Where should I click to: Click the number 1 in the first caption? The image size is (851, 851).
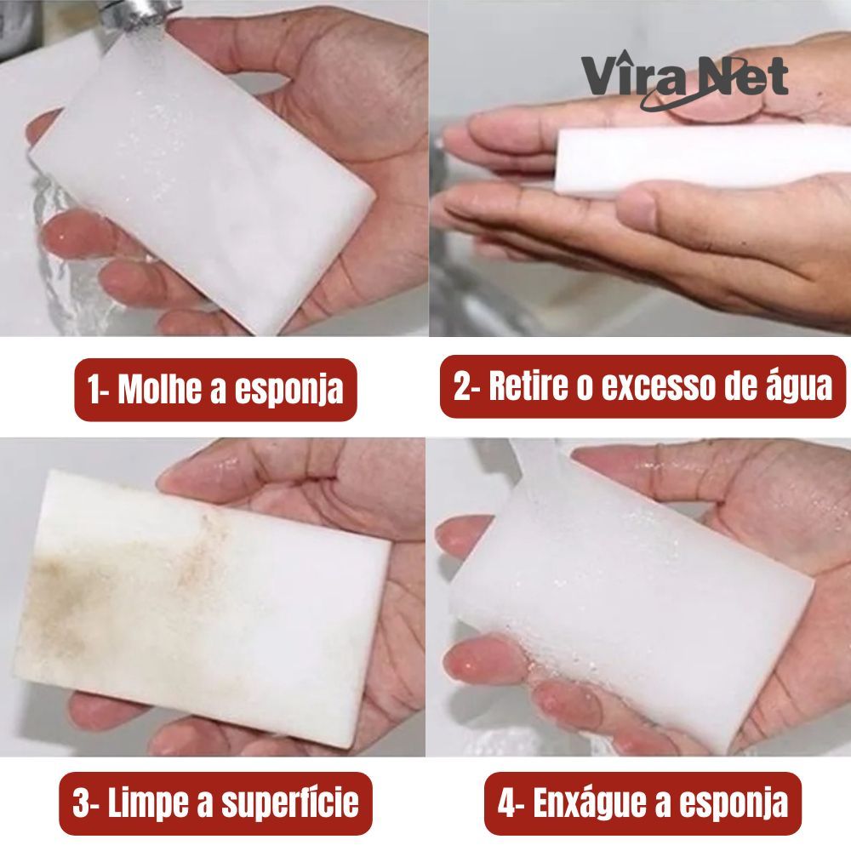[x=95, y=389]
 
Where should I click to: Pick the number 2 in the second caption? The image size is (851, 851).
[x=462, y=386]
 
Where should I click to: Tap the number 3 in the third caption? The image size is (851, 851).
[x=81, y=802]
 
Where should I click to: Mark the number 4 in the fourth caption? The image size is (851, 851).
[x=506, y=802]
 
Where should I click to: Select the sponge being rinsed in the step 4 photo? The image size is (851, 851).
[x=630, y=597]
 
